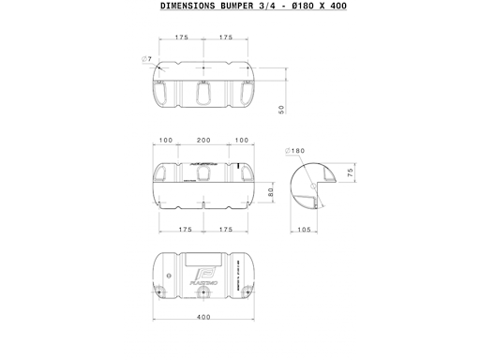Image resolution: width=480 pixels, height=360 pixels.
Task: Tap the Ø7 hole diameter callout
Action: coord(147,60)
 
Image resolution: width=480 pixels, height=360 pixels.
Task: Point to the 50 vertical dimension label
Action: coord(281,109)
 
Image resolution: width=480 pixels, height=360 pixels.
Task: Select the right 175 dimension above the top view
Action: coord(225,37)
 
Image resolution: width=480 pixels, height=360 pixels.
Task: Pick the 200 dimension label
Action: coord(203,140)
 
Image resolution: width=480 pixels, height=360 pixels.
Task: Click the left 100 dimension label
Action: coord(165,140)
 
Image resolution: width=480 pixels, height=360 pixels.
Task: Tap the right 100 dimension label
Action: coord(242,140)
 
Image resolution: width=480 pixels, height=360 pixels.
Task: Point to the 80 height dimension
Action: coord(270,193)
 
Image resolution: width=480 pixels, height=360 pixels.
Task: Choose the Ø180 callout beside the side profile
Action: coord(296,151)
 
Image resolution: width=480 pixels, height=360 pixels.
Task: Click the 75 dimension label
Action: coord(350,172)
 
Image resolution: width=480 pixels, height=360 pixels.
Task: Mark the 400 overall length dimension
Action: coord(203,316)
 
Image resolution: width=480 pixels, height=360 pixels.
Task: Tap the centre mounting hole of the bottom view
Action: coord(203,292)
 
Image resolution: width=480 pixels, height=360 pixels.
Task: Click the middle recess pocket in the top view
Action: coord(203,92)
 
